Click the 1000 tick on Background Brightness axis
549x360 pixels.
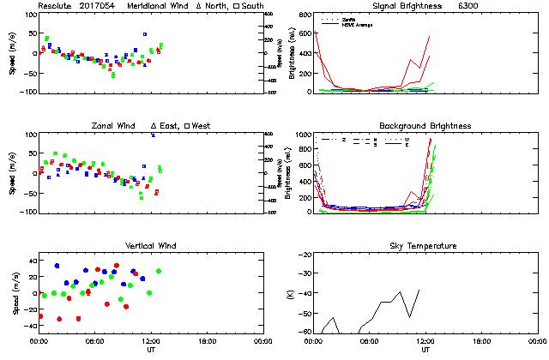302,135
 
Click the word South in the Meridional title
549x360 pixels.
252,5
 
